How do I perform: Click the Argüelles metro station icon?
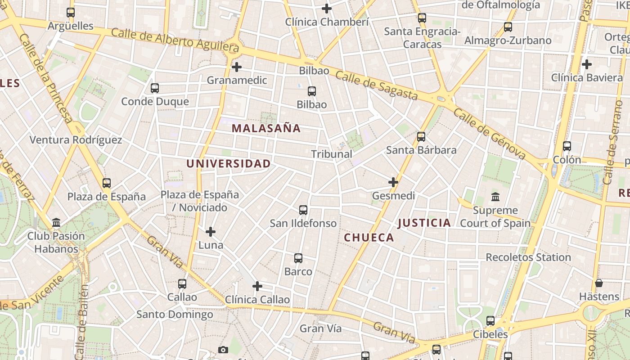click(71, 13)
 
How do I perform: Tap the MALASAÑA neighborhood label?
click(266, 128)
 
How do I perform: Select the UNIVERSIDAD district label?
click(229, 164)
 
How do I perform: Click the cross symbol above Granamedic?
click(237, 67)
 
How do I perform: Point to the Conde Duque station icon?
click(155, 88)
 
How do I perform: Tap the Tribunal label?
click(332, 154)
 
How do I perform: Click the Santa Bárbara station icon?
click(421, 137)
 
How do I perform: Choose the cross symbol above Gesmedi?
click(393, 182)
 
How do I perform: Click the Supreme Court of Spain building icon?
click(495, 197)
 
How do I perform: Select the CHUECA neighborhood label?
click(369, 238)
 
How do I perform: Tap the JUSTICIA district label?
click(424, 223)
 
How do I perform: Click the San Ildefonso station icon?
click(303, 210)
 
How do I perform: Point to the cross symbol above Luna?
click(211, 232)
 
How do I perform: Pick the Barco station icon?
click(298, 258)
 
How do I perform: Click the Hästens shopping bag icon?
click(599, 283)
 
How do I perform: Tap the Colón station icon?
click(567, 146)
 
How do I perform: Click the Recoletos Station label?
click(528, 257)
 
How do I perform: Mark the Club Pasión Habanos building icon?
click(56, 222)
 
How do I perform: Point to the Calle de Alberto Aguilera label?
click(175, 39)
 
